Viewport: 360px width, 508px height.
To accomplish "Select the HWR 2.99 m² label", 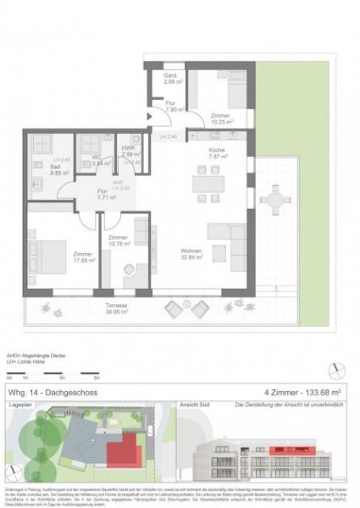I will (x=129, y=153).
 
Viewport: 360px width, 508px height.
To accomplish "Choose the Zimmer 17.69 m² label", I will (x=83, y=257).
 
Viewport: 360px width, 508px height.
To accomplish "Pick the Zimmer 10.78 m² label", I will (x=119, y=241).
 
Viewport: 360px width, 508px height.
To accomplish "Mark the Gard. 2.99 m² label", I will (x=169, y=80).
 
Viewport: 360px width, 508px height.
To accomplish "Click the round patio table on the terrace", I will (x=275, y=201).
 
